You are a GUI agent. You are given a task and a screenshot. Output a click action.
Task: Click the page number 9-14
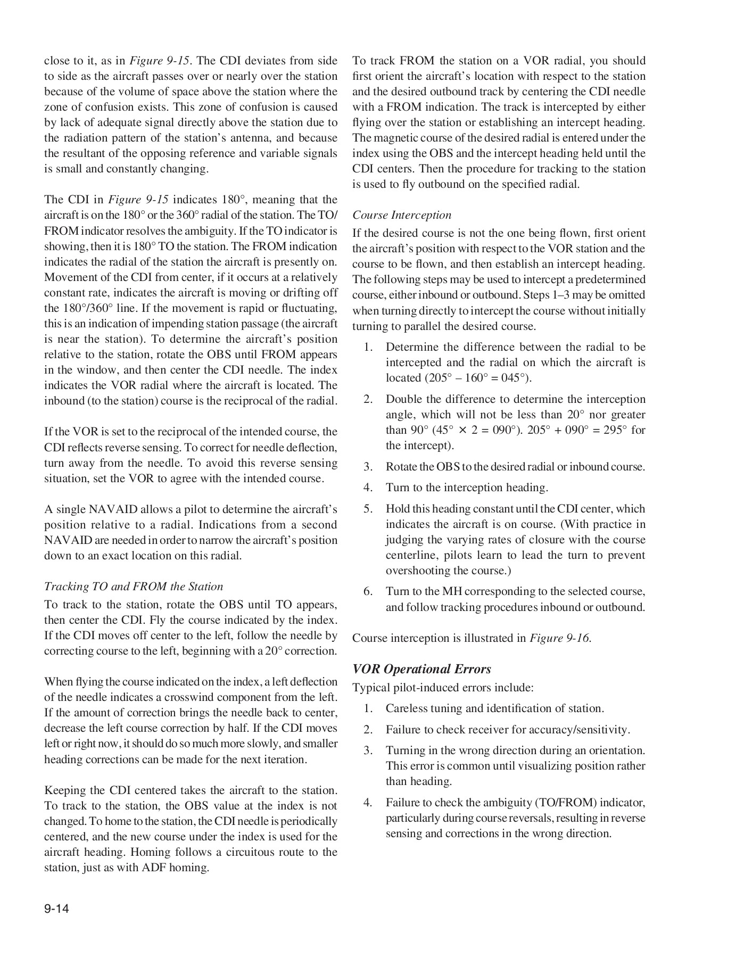(x=56, y=909)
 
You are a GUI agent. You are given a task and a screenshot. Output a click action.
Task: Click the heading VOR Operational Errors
(x=422, y=669)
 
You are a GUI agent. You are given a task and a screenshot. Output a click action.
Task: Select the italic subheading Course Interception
(x=402, y=215)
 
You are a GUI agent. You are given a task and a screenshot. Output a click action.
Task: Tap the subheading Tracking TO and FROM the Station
(x=134, y=587)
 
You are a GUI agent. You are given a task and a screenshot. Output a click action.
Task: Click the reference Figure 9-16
(x=560, y=638)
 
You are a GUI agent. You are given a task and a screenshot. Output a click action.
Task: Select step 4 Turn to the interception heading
(x=467, y=488)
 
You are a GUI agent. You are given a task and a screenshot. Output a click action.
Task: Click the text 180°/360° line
(x=80, y=308)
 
